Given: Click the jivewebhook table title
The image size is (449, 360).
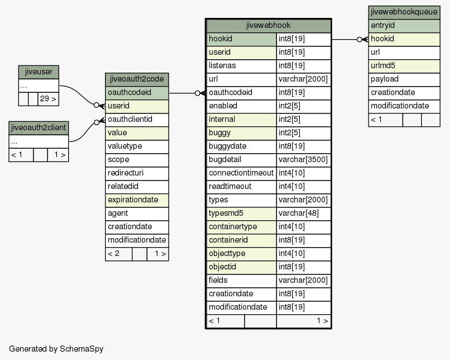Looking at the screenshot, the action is tap(268, 26).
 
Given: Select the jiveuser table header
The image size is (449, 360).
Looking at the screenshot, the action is tap(39, 72).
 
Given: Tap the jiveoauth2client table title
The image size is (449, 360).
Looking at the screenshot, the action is tap(39, 128).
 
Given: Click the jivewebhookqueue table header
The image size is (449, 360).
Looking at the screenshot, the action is tap(404, 12).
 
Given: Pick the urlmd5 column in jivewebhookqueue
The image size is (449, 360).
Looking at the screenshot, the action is tap(404, 66).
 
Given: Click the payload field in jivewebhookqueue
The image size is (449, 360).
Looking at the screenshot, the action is tap(404, 79).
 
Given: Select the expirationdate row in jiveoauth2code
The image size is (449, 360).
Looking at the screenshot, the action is tap(137, 200).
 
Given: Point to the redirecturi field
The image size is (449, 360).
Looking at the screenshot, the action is tap(137, 173).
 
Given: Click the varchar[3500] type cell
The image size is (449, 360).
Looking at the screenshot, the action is tap(304, 160).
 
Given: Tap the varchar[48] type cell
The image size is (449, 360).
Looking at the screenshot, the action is tap(304, 214).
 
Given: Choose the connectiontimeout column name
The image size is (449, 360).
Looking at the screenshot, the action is tap(241, 173).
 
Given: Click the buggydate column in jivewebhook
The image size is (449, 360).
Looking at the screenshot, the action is tap(241, 146).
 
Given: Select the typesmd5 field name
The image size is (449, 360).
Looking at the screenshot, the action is tap(241, 214).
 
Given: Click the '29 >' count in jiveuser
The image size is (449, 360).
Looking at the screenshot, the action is tap(48, 99).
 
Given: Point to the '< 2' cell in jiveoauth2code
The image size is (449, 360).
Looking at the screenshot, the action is tap(118, 254).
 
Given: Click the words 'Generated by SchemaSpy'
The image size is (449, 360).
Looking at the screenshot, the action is tap(56, 349).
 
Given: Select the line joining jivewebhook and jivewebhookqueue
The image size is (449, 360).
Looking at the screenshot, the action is tap(350, 40).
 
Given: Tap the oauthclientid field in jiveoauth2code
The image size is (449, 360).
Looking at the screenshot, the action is tap(137, 120).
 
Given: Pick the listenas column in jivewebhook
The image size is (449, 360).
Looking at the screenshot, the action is tap(241, 66).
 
